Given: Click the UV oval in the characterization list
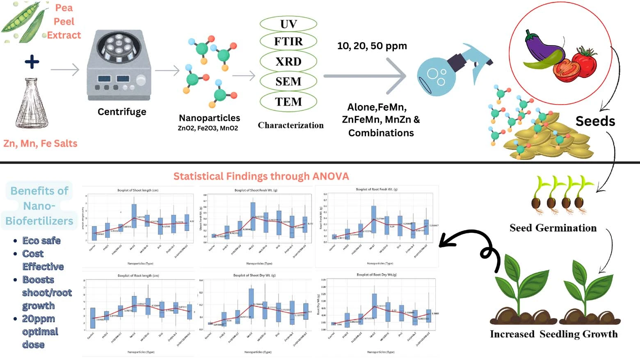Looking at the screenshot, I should point(288,24).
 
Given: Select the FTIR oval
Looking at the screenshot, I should point(288,41).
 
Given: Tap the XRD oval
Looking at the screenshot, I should point(288,62).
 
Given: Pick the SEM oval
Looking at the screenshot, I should point(288,81).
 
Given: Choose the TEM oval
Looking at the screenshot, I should point(288,101).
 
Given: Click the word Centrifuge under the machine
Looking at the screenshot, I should point(122,112).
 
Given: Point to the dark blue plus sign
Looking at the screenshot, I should point(32,62).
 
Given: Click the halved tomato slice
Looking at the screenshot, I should point(567,70).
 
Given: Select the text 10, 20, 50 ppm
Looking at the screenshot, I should point(372,46).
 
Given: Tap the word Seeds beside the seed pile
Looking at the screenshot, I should point(595,121).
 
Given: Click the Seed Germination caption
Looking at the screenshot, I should point(553,228).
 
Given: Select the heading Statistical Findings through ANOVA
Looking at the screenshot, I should point(261,177).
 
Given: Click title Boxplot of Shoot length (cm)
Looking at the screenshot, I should point(138,190).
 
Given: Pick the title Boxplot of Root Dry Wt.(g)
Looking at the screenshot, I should point(377,275).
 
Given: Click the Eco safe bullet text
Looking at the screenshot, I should point(41,241).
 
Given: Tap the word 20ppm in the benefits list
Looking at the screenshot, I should point(39,319).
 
